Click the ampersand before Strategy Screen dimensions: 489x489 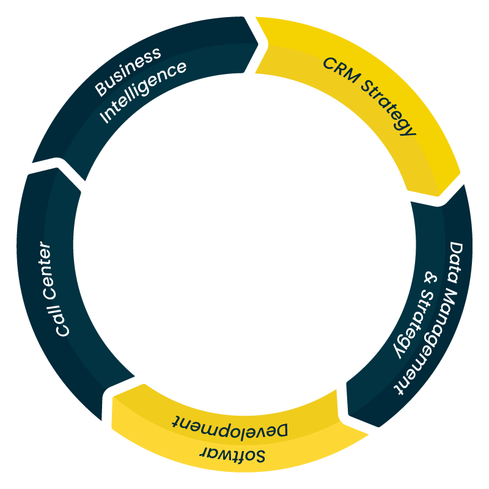[431, 279]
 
